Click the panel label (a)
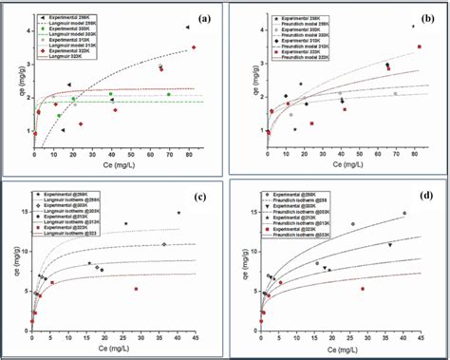(201, 18)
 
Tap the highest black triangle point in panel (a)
(187, 28)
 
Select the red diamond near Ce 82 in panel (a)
(193, 47)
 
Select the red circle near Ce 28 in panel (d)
(362, 289)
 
